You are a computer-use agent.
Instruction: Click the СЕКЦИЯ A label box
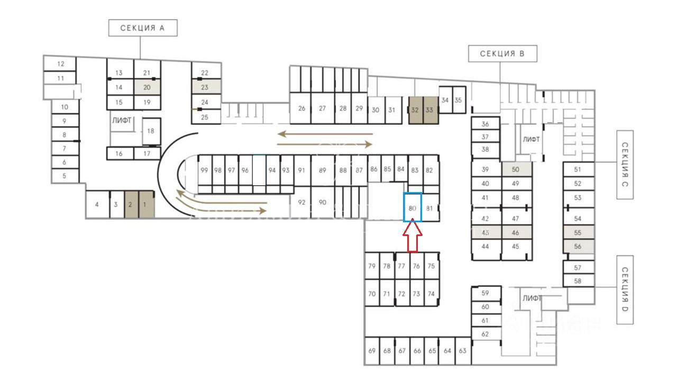point(142,28)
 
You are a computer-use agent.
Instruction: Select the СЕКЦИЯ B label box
point(502,53)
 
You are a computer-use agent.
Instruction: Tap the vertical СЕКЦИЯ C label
point(625,165)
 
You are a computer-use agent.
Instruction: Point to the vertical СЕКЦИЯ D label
point(625,289)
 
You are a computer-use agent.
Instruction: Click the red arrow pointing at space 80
point(413,237)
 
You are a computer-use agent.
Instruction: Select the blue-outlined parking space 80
point(413,207)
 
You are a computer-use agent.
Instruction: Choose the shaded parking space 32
point(416,110)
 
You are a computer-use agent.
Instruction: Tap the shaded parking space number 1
point(147,204)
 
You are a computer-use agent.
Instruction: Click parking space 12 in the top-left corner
point(60,64)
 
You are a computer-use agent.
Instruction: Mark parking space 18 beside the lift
point(151,131)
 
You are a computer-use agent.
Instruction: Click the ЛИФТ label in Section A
point(121,121)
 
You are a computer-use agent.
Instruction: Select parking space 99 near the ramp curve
point(204,170)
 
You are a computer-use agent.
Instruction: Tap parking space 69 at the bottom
point(372,351)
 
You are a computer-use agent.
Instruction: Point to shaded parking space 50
point(516,169)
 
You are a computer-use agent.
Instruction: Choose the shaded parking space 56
point(578,246)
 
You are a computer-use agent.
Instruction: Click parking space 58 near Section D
point(578,281)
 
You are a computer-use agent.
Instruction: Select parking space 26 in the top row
point(301,108)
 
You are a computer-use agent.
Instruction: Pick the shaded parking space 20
point(147,87)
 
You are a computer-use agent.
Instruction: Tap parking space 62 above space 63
point(486,334)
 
